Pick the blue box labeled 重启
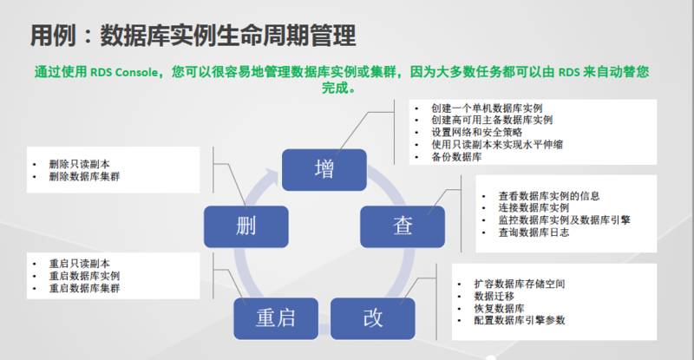(x=275, y=317)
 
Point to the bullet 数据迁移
(x=494, y=297)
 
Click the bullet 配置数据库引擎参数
(x=519, y=321)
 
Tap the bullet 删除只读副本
(x=77, y=162)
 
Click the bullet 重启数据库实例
(x=83, y=275)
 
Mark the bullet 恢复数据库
(x=501, y=309)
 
